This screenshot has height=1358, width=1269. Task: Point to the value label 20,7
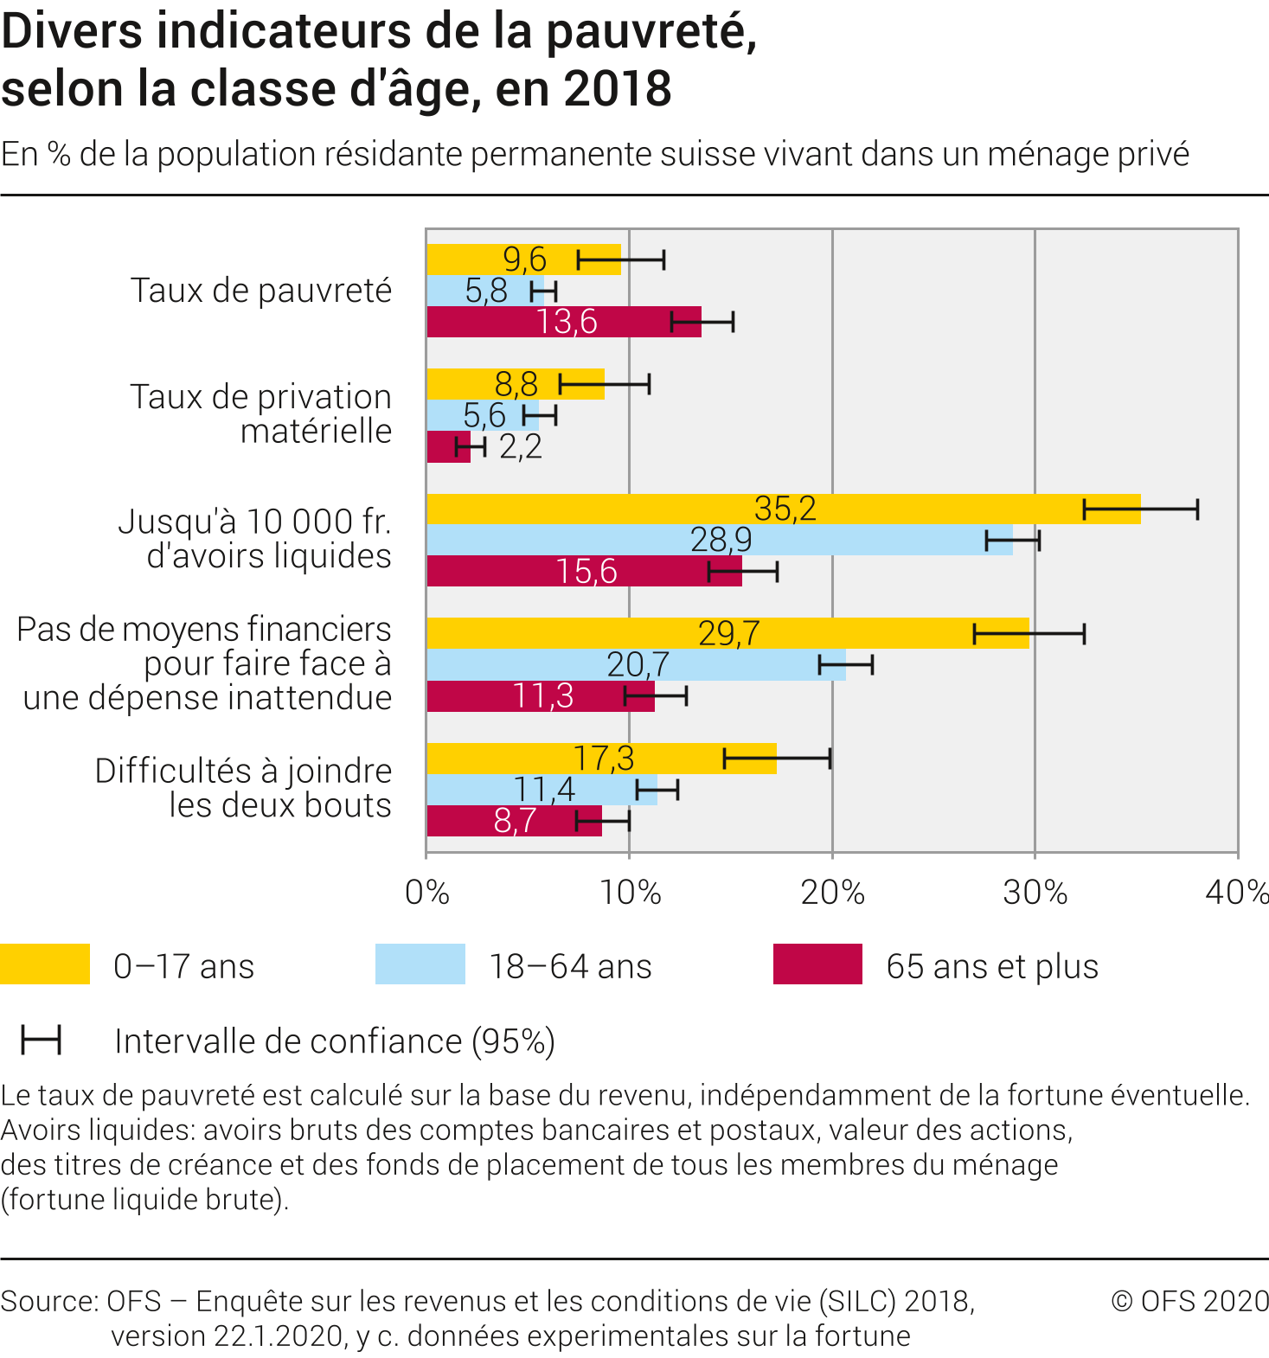(x=638, y=664)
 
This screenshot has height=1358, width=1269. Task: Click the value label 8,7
(x=515, y=821)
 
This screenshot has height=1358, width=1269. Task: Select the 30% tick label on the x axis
(x=1035, y=893)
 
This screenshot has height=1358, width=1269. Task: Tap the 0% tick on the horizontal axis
(x=426, y=893)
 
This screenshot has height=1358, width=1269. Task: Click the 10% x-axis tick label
(x=630, y=893)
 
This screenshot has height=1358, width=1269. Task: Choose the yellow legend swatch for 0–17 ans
(x=45, y=964)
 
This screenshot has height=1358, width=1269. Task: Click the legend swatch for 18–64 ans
(x=420, y=964)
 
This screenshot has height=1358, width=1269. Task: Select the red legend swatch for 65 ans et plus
(x=817, y=964)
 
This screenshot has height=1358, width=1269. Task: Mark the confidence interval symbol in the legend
(x=42, y=1041)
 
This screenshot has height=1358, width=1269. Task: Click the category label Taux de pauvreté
(x=261, y=291)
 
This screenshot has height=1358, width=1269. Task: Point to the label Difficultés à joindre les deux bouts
(x=244, y=788)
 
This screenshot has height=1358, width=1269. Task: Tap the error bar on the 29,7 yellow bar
(x=1029, y=634)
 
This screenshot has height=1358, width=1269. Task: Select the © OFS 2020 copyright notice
(x=1190, y=1301)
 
